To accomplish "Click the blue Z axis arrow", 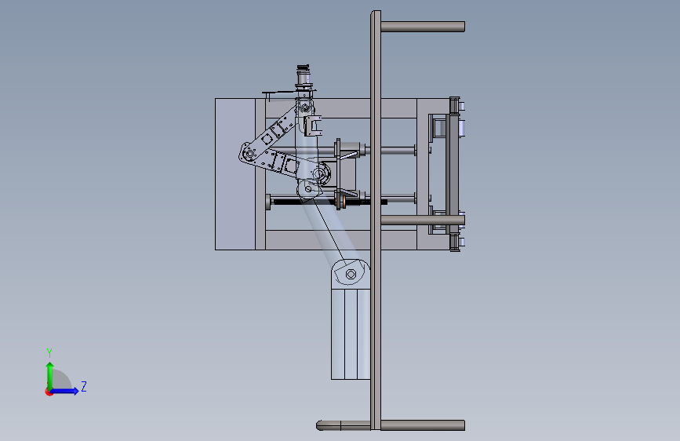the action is click(x=64, y=391).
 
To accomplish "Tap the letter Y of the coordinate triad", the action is click(x=49, y=352).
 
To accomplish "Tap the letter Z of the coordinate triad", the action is click(x=84, y=386).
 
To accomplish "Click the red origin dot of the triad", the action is click(x=48, y=392).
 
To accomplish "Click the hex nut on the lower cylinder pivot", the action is click(x=351, y=274).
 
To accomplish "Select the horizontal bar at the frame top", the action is click(x=423, y=27).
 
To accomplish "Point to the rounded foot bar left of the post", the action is click(x=344, y=425).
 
